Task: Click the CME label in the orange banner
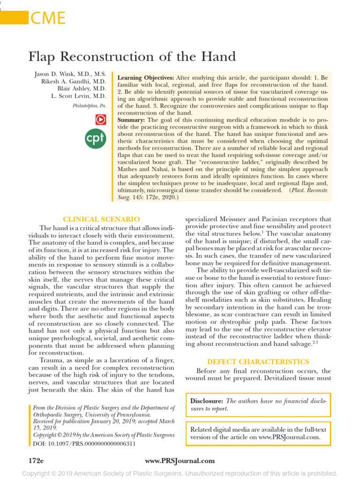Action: [x=47, y=18]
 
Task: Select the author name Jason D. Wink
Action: [x=70, y=74]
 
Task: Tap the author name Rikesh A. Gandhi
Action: [x=75, y=81]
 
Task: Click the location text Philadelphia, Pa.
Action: [x=90, y=106]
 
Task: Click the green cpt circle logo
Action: [x=96, y=139]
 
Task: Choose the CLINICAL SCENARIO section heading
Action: [x=102, y=219]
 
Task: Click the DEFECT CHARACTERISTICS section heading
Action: [x=258, y=362]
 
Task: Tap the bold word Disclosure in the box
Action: [x=207, y=401]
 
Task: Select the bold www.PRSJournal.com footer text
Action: [x=180, y=461]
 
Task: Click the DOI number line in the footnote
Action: [x=84, y=443]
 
